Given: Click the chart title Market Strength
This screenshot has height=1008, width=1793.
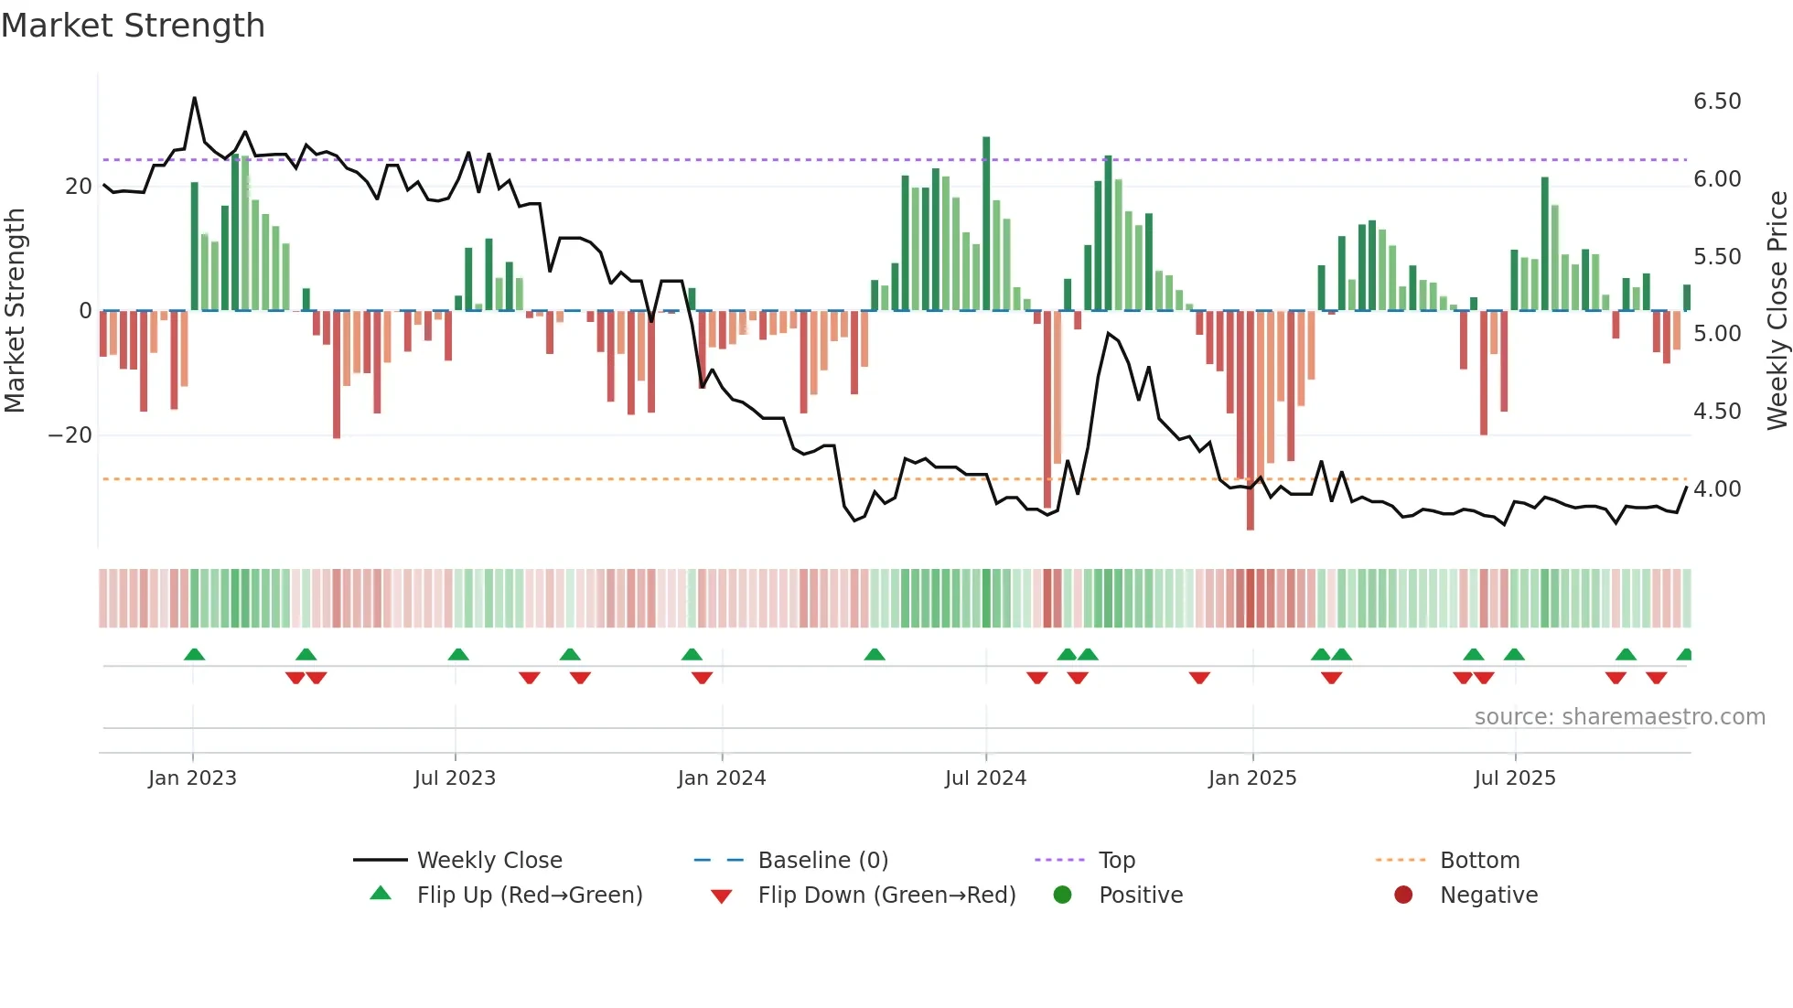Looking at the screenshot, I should click(x=133, y=26).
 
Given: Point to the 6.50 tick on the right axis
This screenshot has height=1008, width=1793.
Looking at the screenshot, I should click(x=1716, y=102).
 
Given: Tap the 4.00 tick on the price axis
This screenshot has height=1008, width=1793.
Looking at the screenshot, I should click(x=1716, y=489).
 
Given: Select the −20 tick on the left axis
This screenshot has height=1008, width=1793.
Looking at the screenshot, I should click(x=70, y=435).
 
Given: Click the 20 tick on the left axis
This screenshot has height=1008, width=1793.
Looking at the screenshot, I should click(x=79, y=187).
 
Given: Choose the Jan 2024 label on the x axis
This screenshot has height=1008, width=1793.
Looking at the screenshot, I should click(x=721, y=778).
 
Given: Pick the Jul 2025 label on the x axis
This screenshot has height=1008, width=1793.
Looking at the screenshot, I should click(x=1514, y=778).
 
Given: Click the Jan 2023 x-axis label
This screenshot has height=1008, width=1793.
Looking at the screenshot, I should click(x=192, y=778).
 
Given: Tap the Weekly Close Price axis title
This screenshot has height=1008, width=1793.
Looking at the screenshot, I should click(x=1777, y=311).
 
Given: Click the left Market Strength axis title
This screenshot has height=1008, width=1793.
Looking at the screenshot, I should click(x=15, y=311).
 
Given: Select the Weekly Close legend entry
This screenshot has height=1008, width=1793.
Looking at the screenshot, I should click(x=489, y=861).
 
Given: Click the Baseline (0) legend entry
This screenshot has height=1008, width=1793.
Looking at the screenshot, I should click(x=822, y=861).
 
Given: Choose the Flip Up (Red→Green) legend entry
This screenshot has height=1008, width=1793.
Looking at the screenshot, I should click(x=529, y=895).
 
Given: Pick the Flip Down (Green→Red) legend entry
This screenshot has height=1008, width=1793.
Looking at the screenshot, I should click(x=886, y=895).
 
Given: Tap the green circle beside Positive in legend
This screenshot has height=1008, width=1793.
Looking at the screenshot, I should click(x=1062, y=895).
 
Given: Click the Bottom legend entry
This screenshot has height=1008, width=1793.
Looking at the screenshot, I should click(x=1479, y=861).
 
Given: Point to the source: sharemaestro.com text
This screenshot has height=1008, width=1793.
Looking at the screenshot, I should click(x=1619, y=717).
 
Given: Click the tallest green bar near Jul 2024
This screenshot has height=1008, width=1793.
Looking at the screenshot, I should click(x=986, y=223).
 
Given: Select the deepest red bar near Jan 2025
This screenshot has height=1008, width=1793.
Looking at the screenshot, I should click(x=1250, y=420).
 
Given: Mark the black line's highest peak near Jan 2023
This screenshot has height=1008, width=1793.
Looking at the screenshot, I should click(x=194, y=98).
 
